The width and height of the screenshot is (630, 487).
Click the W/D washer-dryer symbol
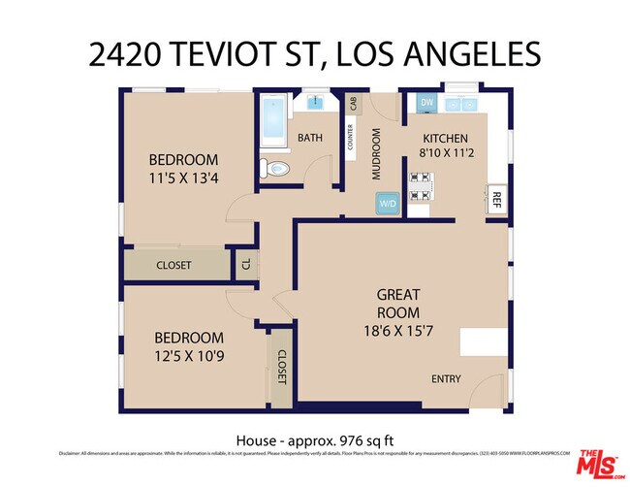click(388, 204)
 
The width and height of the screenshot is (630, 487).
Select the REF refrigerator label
click(496, 200)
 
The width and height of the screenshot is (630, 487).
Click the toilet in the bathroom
click(277, 168)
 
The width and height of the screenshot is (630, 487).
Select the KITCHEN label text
click(445, 139)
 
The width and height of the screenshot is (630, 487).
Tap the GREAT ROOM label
click(398, 304)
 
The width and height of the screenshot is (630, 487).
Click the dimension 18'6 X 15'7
click(398, 330)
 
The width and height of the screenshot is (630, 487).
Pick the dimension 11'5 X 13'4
click(183, 178)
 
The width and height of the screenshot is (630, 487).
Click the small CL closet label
click(246, 264)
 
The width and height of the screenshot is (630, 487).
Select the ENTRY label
click(446, 379)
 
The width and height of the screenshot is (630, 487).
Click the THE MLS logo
click(600, 464)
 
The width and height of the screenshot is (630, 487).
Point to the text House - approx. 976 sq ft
click(315, 439)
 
